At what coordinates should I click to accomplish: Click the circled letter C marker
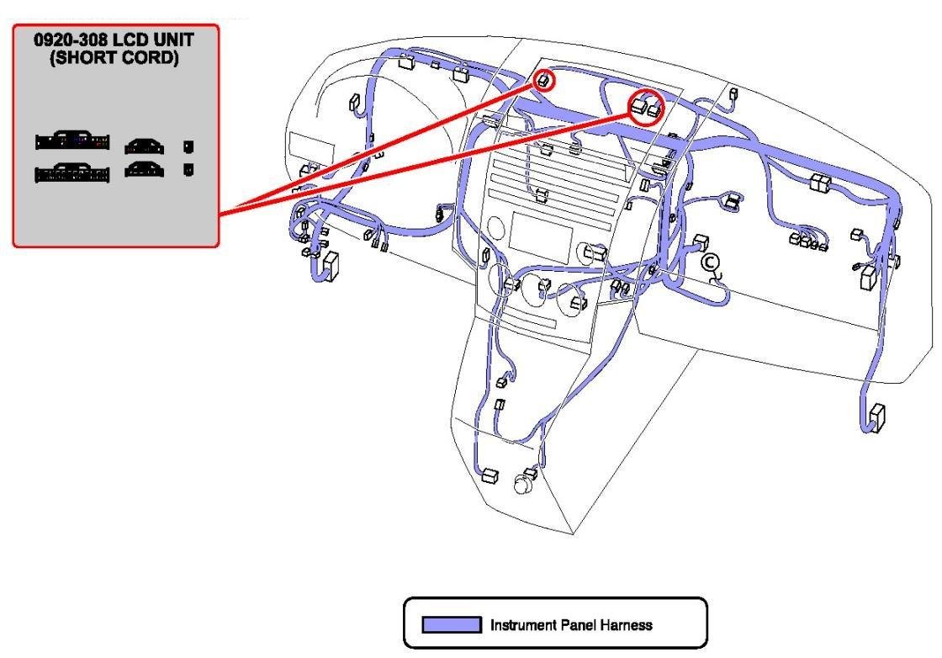(x=710, y=264)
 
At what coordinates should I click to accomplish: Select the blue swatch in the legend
(x=451, y=624)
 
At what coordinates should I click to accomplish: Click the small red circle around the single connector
(x=544, y=80)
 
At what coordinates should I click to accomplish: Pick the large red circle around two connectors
(x=647, y=107)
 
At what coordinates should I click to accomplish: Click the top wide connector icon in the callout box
(x=71, y=141)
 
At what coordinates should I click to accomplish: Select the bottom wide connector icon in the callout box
(x=71, y=173)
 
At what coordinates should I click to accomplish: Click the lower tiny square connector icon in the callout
(x=189, y=169)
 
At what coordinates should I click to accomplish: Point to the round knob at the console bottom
(x=525, y=484)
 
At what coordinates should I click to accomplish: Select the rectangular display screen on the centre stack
(x=542, y=229)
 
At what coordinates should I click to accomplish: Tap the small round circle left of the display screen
(x=495, y=228)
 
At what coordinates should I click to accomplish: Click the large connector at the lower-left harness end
(x=331, y=266)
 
